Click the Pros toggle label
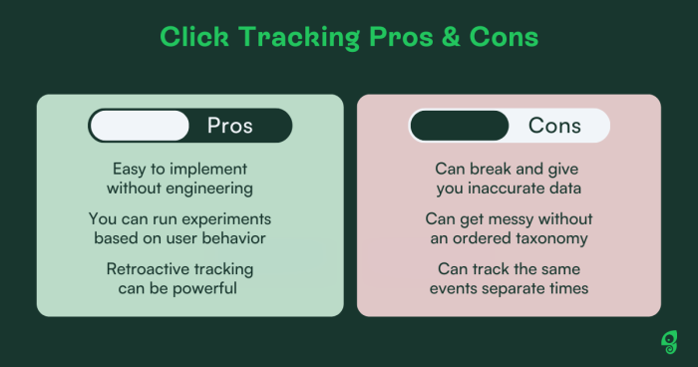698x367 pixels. pos(229,126)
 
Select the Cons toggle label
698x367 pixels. pos(554,126)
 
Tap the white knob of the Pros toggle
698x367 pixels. pos(140,126)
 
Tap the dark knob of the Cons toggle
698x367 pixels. pos(460,126)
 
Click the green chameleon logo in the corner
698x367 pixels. pos(668,342)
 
